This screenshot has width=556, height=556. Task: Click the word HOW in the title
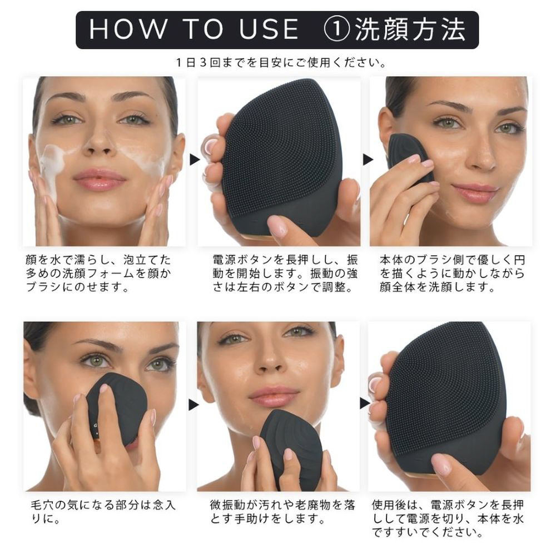pyautogui.click(x=128, y=29)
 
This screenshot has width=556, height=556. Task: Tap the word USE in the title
pyautogui.click(x=269, y=29)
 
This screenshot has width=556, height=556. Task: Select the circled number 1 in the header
pyautogui.click(x=337, y=29)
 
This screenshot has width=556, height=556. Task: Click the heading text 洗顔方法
pyautogui.click(x=410, y=29)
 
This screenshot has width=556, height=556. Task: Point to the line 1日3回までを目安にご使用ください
pyautogui.click(x=281, y=63)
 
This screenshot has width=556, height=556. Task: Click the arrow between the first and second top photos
pyautogui.click(x=194, y=160)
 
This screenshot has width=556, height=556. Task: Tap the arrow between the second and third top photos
pyautogui.click(x=368, y=160)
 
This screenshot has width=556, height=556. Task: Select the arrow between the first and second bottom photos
pyautogui.click(x=193, y=404)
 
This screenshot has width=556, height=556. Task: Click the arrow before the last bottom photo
pyautogui.click(x=365, y=403)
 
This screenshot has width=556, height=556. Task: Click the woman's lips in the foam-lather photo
pyautogui.click(x=100, y=179)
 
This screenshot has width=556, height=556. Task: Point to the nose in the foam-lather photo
pyautogui.click(x=100, y=143)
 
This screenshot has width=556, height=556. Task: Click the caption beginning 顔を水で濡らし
pyautogui.click(x=98, y=274)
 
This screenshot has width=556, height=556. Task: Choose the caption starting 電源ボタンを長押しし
pyautogui.click(x=285, y=274)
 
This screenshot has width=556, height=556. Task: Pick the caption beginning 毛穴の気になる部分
pyautogui.click(x=103, y=512)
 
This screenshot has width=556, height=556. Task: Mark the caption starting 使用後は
pyautogui.click(x=448, y=518)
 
